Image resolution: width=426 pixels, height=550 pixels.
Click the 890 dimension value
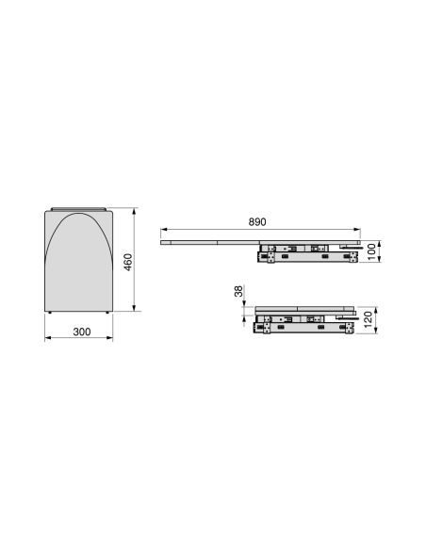click(257, 221)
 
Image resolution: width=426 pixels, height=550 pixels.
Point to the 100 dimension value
click(372, 251)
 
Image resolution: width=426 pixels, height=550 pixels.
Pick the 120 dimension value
click(372, 320)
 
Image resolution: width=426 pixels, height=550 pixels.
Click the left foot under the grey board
click(52, 312)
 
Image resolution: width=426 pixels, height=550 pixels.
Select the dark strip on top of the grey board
click(80, 207)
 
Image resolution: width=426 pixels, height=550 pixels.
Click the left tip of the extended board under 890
click(162, 241)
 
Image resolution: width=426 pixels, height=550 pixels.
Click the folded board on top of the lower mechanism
click(302, 309)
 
